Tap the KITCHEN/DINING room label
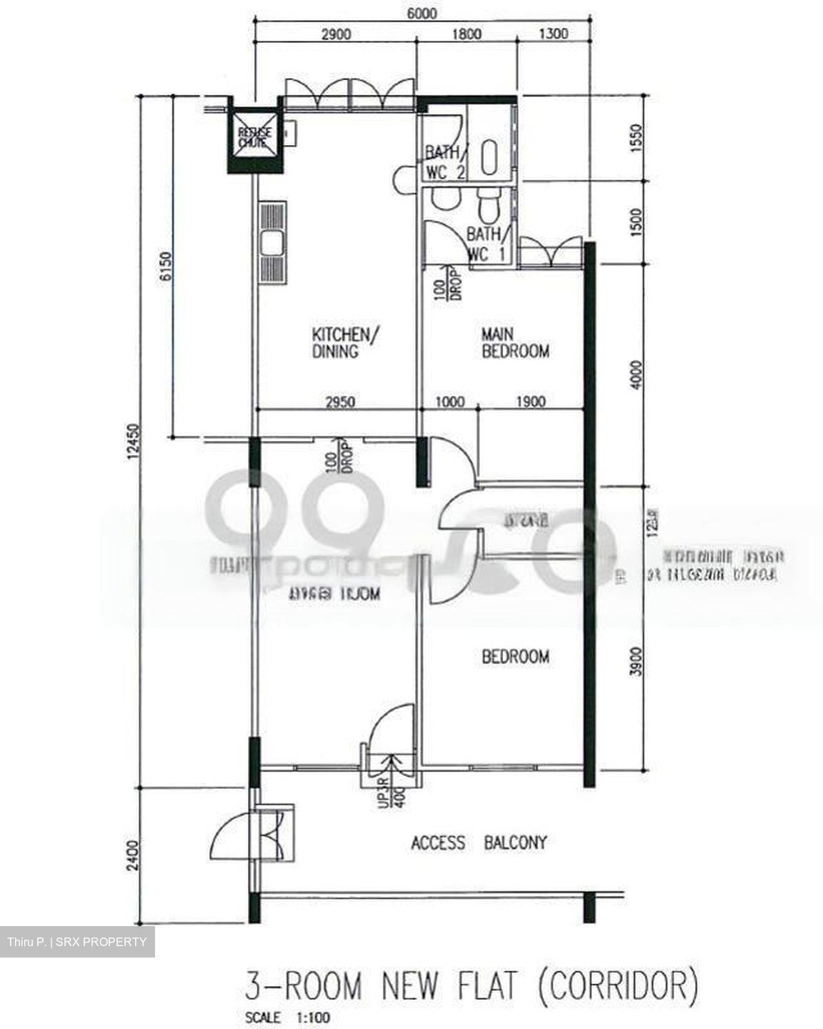[x=341, y=343]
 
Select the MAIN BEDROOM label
[x=515, y=343]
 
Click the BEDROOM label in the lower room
[x=515, y=656]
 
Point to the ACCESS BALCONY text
[x=479, y=843]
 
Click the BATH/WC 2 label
[x=446, y=163]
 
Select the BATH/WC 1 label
[x=488, y=244]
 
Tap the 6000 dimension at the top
[x=422, y=14]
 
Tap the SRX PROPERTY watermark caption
[x=77, y=942]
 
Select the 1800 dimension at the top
[x=467, y=34]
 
